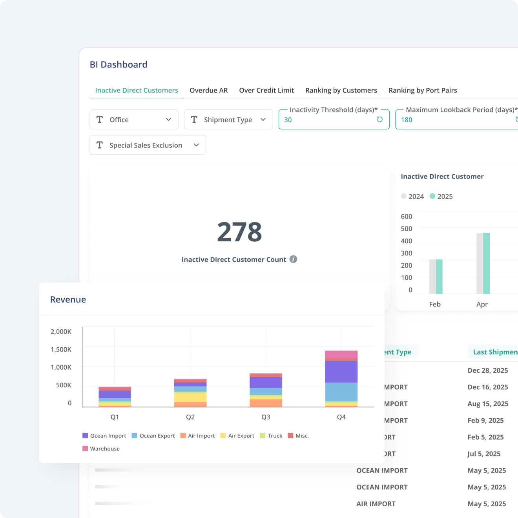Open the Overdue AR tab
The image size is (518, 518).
point(208,90)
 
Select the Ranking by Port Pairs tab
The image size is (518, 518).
point(423,90)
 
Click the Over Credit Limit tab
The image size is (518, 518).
point(266,90)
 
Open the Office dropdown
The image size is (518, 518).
point(134,120)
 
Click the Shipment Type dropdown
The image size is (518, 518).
point(228,120)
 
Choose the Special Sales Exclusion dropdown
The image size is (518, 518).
point(148,145)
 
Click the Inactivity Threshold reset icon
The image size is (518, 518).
point(379,119)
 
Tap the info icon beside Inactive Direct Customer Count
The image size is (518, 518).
point(293,259)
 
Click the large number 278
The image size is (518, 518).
point(239,232)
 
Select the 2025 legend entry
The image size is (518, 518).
point(441,196)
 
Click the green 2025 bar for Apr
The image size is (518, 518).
point(486,263)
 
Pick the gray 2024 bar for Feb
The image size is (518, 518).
point(432,276)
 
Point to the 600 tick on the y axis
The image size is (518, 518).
point(407,216)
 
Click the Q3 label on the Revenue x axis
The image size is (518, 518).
point(266,417)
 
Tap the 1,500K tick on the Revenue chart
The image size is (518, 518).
point(61,349)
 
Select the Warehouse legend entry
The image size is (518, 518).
point(101,449)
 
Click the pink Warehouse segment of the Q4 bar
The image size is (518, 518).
point(341,354)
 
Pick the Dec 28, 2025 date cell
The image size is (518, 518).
point(488,370)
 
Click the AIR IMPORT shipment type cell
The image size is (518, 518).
point(376,504)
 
